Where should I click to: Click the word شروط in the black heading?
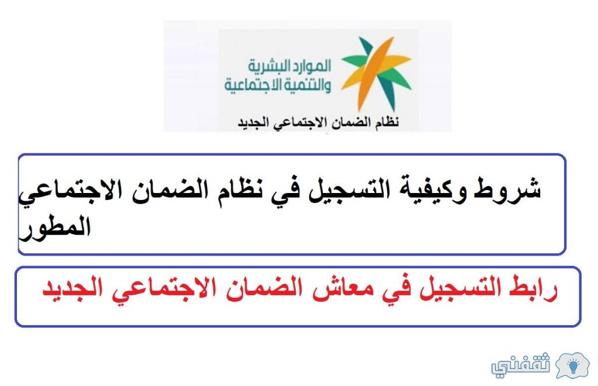(507, 189)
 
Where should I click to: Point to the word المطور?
(54, 228)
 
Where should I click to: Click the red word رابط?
(534, 288)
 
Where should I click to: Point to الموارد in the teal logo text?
(311, 67)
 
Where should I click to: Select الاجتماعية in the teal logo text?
(248, 85)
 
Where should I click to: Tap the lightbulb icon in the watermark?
(572, 365)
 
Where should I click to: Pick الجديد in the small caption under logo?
(254, 123)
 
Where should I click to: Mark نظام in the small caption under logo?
(386, 122)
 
